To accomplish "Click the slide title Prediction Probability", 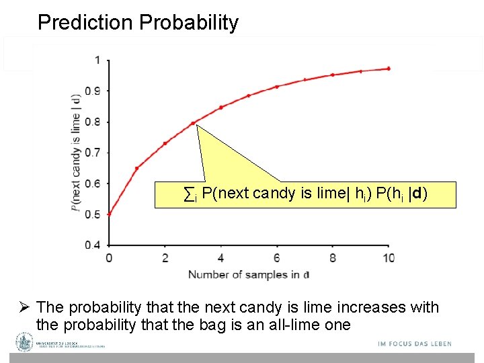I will [x=138, y=22].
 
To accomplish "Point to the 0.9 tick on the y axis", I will [x=94, y=91].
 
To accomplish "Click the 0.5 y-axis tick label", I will [x=94, y=214].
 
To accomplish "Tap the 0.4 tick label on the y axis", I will [x=94, y=245].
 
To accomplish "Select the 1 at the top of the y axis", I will [x=98, y=60].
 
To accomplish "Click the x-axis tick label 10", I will [x=388, y=259].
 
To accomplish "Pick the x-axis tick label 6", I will [x=276, y=259].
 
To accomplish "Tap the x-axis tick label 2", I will [x=165, y=259].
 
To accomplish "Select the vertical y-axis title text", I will [x=76, y=152].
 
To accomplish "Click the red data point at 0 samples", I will [x=109, y=214].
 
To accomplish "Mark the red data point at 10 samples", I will [x=389, y=69].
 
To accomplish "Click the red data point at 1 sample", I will [x=136, y=168].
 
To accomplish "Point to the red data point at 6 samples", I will [x=276, y=87].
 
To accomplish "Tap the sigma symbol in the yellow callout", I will [x=190, y=194].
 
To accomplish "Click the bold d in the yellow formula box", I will [x=418, y=194].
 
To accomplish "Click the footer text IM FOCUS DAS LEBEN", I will [x=415, y=344].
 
